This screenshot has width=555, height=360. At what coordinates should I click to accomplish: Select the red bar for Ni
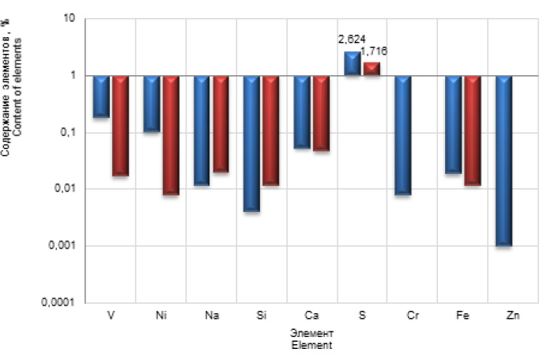point(171,135)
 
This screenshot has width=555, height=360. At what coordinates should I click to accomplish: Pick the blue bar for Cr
point(403,135)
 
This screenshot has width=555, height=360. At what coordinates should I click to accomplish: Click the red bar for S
point(372,69)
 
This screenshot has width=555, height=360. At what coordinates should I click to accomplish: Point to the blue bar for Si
point(252,143)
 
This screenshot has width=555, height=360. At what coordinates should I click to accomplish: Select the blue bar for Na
point(202,131)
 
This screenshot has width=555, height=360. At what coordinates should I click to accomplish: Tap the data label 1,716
point(374,51)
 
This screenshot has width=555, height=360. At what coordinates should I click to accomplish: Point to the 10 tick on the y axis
point(69,18)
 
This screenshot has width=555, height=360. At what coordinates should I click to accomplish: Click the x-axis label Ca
point(311,316)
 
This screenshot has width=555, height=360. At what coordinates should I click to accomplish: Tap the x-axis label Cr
point(413,316)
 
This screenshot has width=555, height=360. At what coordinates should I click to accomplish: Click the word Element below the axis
point(311,346)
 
